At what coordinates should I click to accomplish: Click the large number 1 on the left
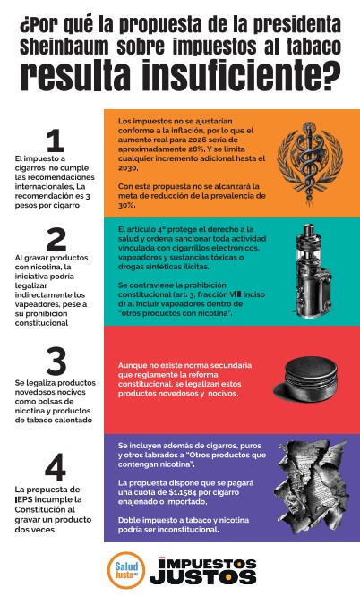click(x=56, y=140)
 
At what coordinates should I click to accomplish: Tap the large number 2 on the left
click(x=56, y=239)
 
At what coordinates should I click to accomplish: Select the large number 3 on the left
click(x=56, y=362)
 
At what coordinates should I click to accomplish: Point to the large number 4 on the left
click(x=56, y=467)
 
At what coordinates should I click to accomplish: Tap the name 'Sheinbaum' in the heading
click(x=64, y=47)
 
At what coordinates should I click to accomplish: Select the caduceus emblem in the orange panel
click(x=310, y=164)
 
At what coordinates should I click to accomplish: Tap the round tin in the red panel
click(x=305, y=379)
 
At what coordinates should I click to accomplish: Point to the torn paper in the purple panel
click(x=312, y=487)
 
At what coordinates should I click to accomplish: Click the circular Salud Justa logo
click(x=126, y=570)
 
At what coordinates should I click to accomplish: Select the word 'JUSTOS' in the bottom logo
click(x=203, y=576)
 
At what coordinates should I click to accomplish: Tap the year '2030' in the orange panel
click(x=127, y=167)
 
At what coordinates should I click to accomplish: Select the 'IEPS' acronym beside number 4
click(x=24, y=499)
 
